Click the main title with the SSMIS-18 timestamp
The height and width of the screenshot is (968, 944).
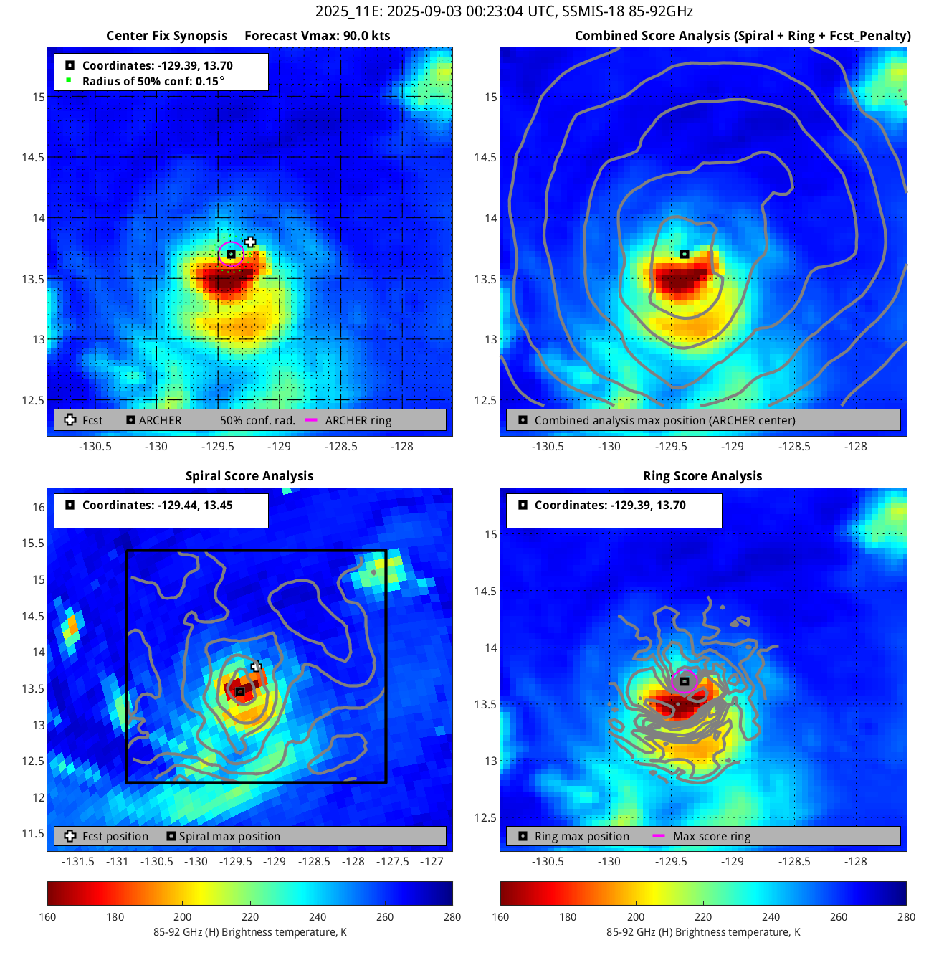click(x=504, y=11)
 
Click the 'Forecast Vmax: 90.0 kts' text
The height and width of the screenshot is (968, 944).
click(x=317, y=36)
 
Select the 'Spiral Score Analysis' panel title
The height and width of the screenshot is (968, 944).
click(x=249, y=476)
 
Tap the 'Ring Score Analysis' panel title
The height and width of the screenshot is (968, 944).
click(x=702, y=476)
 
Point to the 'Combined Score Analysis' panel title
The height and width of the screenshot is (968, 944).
click(x=743, y=36)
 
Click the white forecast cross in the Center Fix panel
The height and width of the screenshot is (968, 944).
click(x=249, y=242)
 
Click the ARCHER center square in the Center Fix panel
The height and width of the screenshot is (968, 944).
click(x=231, y=254)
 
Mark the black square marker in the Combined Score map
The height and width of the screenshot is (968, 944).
click(x=685, y=254)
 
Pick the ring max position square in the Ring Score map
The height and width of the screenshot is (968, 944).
click(x=685, y=681)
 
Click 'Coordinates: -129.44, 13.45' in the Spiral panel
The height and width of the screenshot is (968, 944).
click(x=157, y=505)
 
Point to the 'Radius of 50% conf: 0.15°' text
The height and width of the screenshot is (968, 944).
click(x=153, y=81)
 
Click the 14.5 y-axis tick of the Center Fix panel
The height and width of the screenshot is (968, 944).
click(x=33, y=158)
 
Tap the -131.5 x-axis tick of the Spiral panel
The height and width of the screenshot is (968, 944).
click(x=78, y=861)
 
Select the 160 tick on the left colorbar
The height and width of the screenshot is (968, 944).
click(x=48, y=916)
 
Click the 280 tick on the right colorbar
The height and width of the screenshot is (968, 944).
click(x=906, y=916)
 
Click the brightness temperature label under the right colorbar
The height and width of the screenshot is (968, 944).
click(x=703, y=932)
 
